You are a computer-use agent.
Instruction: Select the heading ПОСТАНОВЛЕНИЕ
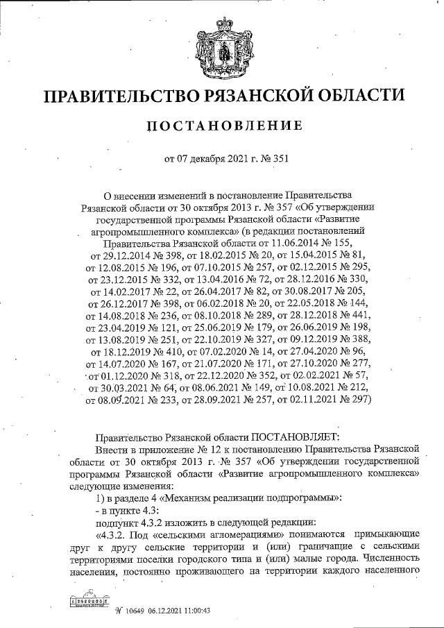[222, 126]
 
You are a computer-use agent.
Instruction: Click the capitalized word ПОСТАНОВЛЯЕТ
[295, 436]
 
